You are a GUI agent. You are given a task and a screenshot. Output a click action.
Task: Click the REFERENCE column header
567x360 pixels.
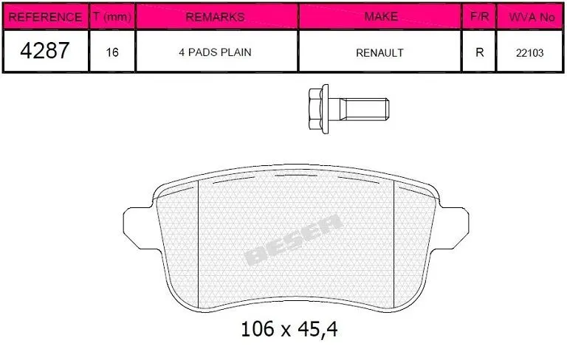pos(45,17)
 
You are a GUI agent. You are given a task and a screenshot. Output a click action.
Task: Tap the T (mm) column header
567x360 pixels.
pos(112,17)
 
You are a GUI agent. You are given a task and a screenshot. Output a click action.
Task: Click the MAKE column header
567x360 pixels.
pos(381,16)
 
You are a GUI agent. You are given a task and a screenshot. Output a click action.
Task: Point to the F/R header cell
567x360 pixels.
pos(479,16)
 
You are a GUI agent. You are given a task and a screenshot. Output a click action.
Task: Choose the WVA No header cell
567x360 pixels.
pos(532,17)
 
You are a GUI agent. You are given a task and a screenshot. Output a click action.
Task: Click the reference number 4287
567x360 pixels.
pos(45,50)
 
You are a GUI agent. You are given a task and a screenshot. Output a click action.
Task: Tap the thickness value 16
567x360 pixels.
pos(112,52)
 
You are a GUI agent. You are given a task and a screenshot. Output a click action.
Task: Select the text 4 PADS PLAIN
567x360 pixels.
pos(215,52)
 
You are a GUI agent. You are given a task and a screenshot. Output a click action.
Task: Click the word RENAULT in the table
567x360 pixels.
pos(379,53)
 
